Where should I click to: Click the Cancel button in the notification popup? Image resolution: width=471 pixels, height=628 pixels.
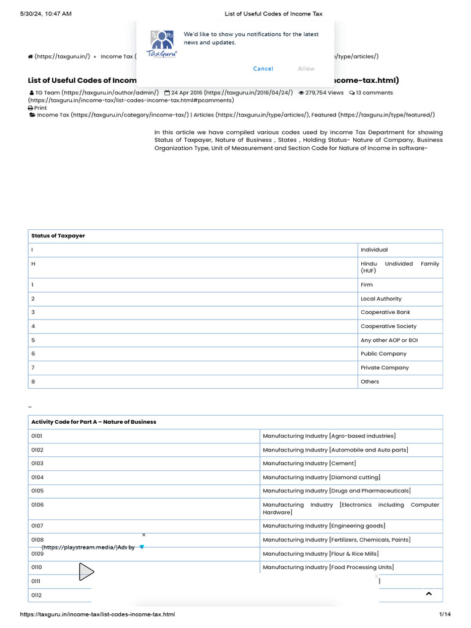click(x=263, y=69)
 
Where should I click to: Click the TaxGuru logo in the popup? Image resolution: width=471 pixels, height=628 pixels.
click(x=161, y=45)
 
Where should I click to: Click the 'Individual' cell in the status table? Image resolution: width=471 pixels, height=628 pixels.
click(x=374, y=250)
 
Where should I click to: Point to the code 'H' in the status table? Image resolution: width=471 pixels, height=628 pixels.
click(x=33, y=264)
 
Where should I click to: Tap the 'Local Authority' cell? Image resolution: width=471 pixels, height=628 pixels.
click(x=381, y=299)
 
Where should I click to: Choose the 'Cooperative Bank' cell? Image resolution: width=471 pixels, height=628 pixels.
click(x=385, y=312)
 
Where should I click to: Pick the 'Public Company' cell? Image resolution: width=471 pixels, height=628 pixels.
click(x=383, y=353)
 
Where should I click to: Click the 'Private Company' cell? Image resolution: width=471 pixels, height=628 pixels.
click(x=385, y=367)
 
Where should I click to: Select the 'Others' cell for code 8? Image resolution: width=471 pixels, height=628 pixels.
click(x=370, y=381)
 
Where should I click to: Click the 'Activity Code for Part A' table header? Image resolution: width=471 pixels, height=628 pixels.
click(x=94, y=422)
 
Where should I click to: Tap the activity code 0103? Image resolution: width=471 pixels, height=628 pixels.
click(x=37, y=464)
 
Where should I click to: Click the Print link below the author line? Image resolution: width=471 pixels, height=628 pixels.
click(x=37, y=107)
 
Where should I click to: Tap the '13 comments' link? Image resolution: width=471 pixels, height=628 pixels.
click(x=371, y=93)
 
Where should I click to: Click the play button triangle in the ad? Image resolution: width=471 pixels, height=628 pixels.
click(x=86, y=572)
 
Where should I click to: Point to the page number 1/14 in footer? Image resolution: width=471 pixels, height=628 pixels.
click(x=445, y=615)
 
